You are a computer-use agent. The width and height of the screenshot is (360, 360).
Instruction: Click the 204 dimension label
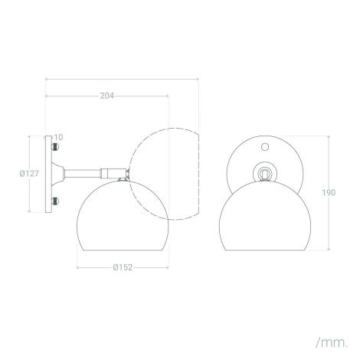tap(106, 96)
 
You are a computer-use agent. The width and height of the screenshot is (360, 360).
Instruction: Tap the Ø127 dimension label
tap(29, 174)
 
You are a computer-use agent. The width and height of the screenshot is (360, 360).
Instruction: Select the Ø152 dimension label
tap(123, 267)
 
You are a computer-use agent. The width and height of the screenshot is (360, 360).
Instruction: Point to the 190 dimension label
tap(329, 192)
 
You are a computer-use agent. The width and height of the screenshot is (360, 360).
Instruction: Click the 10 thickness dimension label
tap(58, 137)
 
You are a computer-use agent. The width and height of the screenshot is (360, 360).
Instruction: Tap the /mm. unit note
tap(332, 342)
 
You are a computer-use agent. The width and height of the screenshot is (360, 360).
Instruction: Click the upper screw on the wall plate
tap(55, 147)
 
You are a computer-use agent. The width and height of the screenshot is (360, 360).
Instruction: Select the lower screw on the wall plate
tap(55, 201)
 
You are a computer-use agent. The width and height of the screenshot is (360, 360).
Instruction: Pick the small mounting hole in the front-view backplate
tap(265, 147)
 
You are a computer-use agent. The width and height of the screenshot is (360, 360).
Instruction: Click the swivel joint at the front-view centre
tap(265, 174)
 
